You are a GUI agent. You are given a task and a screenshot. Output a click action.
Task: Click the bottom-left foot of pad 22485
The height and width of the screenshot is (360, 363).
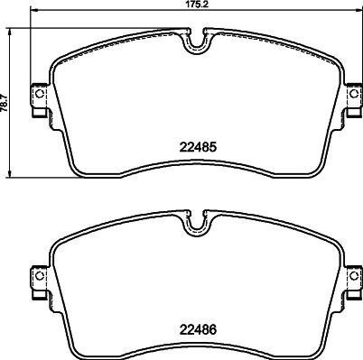pyautogui.click(x=77, y=171)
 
